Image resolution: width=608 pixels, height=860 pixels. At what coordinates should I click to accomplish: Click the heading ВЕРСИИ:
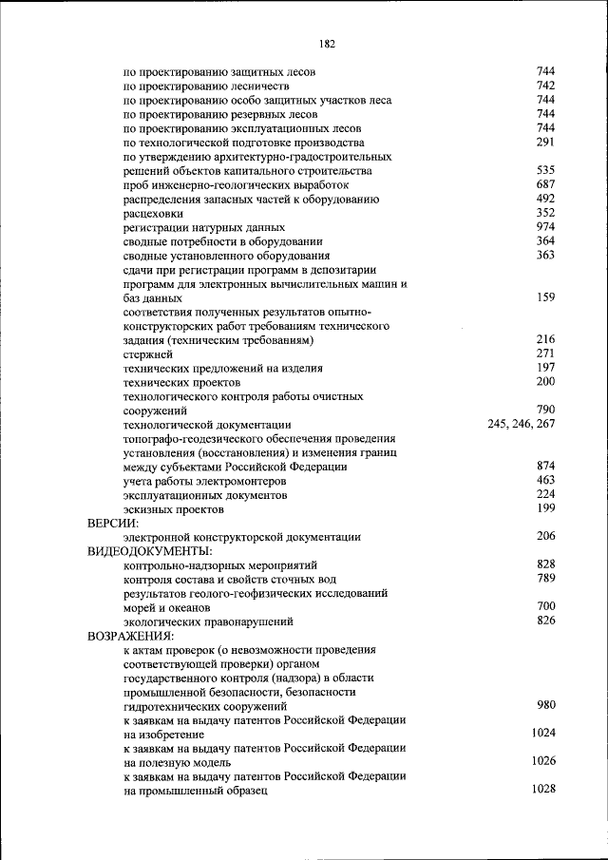pos(113,524)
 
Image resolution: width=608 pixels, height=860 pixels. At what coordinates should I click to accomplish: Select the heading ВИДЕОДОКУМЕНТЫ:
pos(149,551)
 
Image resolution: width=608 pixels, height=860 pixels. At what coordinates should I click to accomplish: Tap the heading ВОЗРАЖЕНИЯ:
pos(129,635)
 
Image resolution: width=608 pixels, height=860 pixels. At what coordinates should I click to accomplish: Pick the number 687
pos(545,184)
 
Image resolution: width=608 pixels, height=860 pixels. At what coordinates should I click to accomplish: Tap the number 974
pos(545,227)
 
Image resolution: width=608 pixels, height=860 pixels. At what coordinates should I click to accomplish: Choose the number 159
pos(545,297)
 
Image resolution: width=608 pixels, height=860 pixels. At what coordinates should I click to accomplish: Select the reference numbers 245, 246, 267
pos(521,424)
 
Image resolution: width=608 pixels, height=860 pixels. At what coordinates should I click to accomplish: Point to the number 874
pos(545,467)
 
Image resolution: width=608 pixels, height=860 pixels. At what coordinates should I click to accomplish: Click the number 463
pos(545,481)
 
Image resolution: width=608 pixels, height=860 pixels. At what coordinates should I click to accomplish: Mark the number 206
pos(545,537)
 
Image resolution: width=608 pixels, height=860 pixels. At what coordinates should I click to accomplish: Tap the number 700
pos(545,606)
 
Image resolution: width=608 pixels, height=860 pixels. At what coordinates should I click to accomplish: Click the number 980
pos(545,705)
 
